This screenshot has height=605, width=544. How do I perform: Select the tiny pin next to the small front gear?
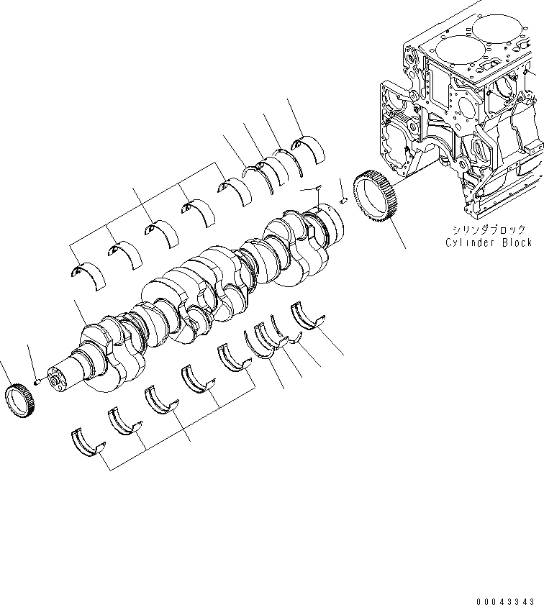point(37,382)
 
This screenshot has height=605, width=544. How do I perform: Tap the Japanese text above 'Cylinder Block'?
point(489,229)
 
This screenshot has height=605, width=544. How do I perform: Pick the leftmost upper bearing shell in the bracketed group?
point(89,274)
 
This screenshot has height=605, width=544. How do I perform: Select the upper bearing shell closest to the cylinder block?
point(307,148)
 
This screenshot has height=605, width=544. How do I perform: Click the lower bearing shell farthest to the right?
point(307,316)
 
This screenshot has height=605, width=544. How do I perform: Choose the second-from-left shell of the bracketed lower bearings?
point(124,422)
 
